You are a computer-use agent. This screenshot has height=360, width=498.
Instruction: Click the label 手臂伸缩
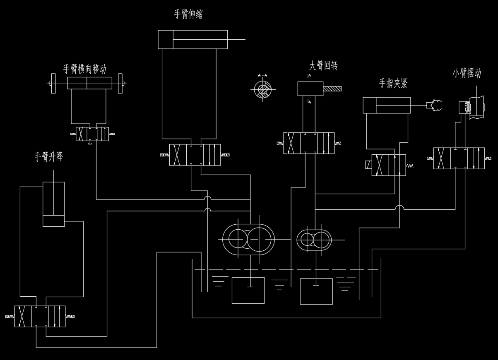click(x=188, y=14)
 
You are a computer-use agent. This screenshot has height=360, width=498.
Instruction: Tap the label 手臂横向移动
click(x=84, y=69)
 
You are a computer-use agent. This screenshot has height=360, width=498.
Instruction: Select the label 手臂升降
click(x=48, y=157)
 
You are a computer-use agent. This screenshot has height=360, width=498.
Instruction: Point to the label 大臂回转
click(x=323, y=66)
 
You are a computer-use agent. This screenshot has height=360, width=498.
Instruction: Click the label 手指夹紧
click(x=393, y=84)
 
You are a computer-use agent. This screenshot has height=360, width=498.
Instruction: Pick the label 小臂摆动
click(x=467, y=74)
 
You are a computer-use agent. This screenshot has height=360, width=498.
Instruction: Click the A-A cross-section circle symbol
click(x=263, y=89)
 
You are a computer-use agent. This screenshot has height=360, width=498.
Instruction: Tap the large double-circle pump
click(x=248, y=240)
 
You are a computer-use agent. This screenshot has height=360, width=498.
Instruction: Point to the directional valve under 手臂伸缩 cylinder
click(x=195, y=155)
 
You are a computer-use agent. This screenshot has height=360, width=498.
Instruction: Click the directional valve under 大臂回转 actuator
click(x=309, y=143)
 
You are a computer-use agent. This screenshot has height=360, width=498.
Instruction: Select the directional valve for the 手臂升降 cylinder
click(x=40, y=317)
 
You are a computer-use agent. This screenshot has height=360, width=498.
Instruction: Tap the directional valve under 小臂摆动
click(x=459, y=158)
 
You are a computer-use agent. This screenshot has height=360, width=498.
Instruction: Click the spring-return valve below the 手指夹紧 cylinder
click(x=388, y=165)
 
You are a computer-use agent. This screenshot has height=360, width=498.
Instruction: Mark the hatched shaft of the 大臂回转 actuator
click(x=332, y=89)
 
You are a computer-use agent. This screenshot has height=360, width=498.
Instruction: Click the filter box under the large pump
click(x=248, y=290)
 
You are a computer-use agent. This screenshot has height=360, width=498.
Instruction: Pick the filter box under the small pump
click(x=316, y=291)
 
